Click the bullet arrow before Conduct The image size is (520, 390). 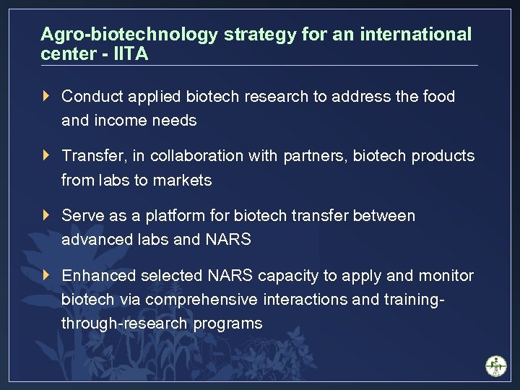click(47, 96)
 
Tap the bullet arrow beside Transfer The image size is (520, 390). click(47, 155)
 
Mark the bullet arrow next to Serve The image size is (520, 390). click(47, 215)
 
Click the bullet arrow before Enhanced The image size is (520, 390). click(47, 275)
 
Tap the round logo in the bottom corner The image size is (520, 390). click(495, 365)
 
